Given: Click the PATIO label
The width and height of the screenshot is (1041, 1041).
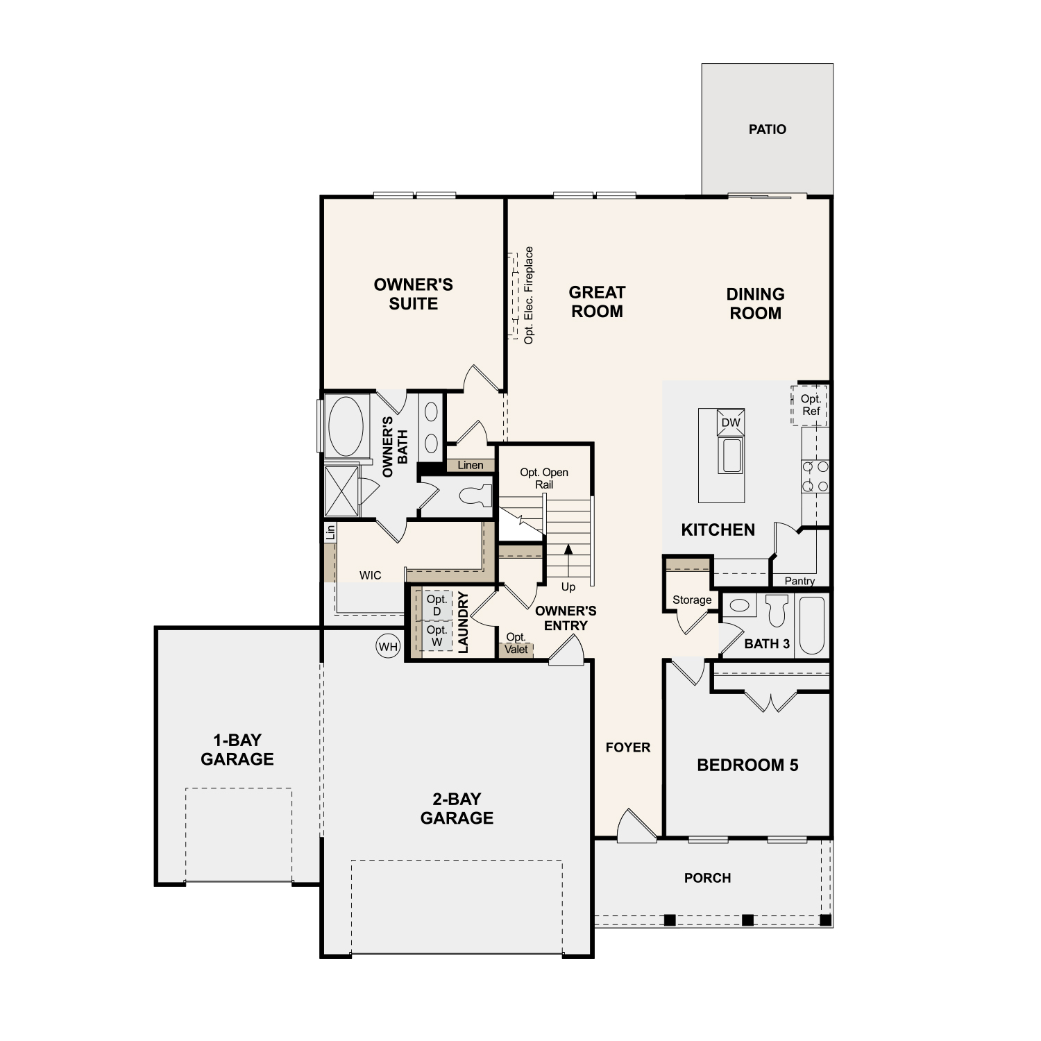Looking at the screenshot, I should pos(767,129).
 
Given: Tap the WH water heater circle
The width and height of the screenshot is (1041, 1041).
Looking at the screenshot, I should pos(388,647).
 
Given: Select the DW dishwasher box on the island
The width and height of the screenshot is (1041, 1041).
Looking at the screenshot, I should pos(730,423).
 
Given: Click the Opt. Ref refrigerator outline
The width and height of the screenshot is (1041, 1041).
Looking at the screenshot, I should pos(810,405).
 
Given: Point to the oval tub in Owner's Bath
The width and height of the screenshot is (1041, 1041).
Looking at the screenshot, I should pos(345,425).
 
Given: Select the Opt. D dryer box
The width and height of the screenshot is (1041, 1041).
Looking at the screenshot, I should pos(437,604).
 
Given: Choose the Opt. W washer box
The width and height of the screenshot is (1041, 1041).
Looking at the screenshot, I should pos(437,636).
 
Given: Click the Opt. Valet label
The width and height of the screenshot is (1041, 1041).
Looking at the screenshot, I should pos(516,643).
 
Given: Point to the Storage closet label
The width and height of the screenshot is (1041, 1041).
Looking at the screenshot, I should pos(691,600).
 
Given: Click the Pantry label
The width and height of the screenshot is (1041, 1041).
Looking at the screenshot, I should pos(799,581).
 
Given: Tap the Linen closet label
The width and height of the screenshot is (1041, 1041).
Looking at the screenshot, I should pos(470,465).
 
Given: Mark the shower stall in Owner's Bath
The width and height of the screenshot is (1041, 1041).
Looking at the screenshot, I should pos(341,491).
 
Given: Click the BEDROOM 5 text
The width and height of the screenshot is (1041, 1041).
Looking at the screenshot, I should pos(747,765).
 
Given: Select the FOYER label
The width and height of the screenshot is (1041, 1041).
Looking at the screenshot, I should pos(627,747).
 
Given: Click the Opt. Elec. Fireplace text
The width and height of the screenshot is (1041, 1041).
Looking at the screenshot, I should pos(529,296).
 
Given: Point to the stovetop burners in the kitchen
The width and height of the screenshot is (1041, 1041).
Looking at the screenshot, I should pos(815,477).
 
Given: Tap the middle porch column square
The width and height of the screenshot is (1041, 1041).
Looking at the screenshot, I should pos(747,920).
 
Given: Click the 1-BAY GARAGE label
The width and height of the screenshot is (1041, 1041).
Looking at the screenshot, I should pos(237,750).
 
